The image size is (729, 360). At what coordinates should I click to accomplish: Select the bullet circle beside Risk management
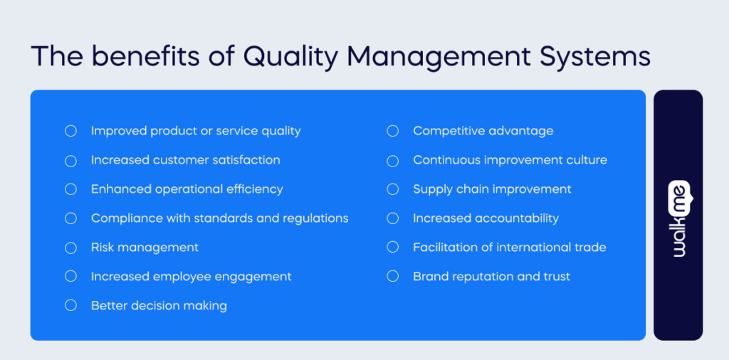pos(70,248)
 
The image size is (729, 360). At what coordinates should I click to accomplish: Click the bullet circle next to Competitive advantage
pos(392,131)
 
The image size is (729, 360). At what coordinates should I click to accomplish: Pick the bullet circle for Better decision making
pos(70,306)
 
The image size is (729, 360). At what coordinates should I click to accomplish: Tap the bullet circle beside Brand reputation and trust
pos(392,277)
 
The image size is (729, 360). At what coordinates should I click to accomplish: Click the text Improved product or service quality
pos(196,131)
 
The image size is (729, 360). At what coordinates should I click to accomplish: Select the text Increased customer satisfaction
pos(185,160)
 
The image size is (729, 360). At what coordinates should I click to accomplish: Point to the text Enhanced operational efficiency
pos(187,189)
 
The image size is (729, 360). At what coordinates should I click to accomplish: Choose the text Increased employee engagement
pos(191,277)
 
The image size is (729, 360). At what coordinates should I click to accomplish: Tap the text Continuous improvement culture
pos(510,160)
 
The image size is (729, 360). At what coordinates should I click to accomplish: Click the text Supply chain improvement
pos(492,189)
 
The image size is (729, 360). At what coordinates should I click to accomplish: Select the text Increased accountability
pos(486,218)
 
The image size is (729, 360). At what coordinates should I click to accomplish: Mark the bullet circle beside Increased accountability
pos(392,218)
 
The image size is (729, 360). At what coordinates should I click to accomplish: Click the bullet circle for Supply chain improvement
pos(392,189)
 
